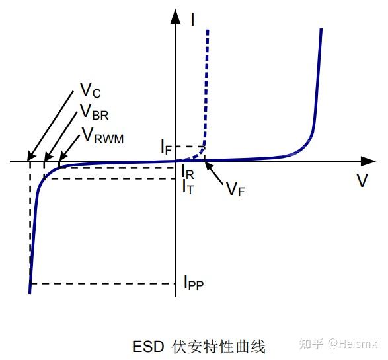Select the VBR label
coord(94,114)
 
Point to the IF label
coord(167,147)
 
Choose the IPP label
coord(193,284)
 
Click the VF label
coord(235,189)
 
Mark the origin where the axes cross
coord(176,161)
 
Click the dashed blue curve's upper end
coord(209,30)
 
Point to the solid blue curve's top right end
coord(321,30)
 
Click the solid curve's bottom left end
coord(30,291)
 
